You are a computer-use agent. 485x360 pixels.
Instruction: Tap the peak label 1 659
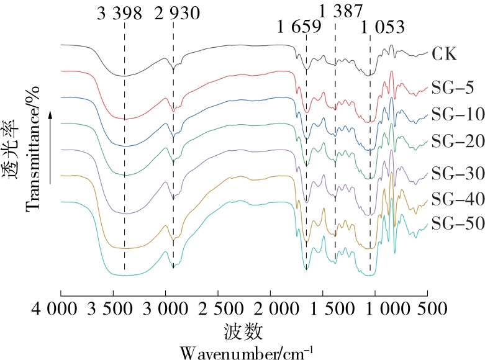point(299,27)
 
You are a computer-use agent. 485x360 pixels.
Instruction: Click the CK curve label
point(444,54)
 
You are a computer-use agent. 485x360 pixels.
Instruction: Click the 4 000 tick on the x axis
point(60,308)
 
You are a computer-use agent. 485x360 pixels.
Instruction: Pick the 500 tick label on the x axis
point(425,308)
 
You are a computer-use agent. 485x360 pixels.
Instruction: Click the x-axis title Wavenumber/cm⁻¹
point(247,351)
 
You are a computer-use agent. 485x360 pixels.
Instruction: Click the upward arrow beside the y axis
point(52,146)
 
